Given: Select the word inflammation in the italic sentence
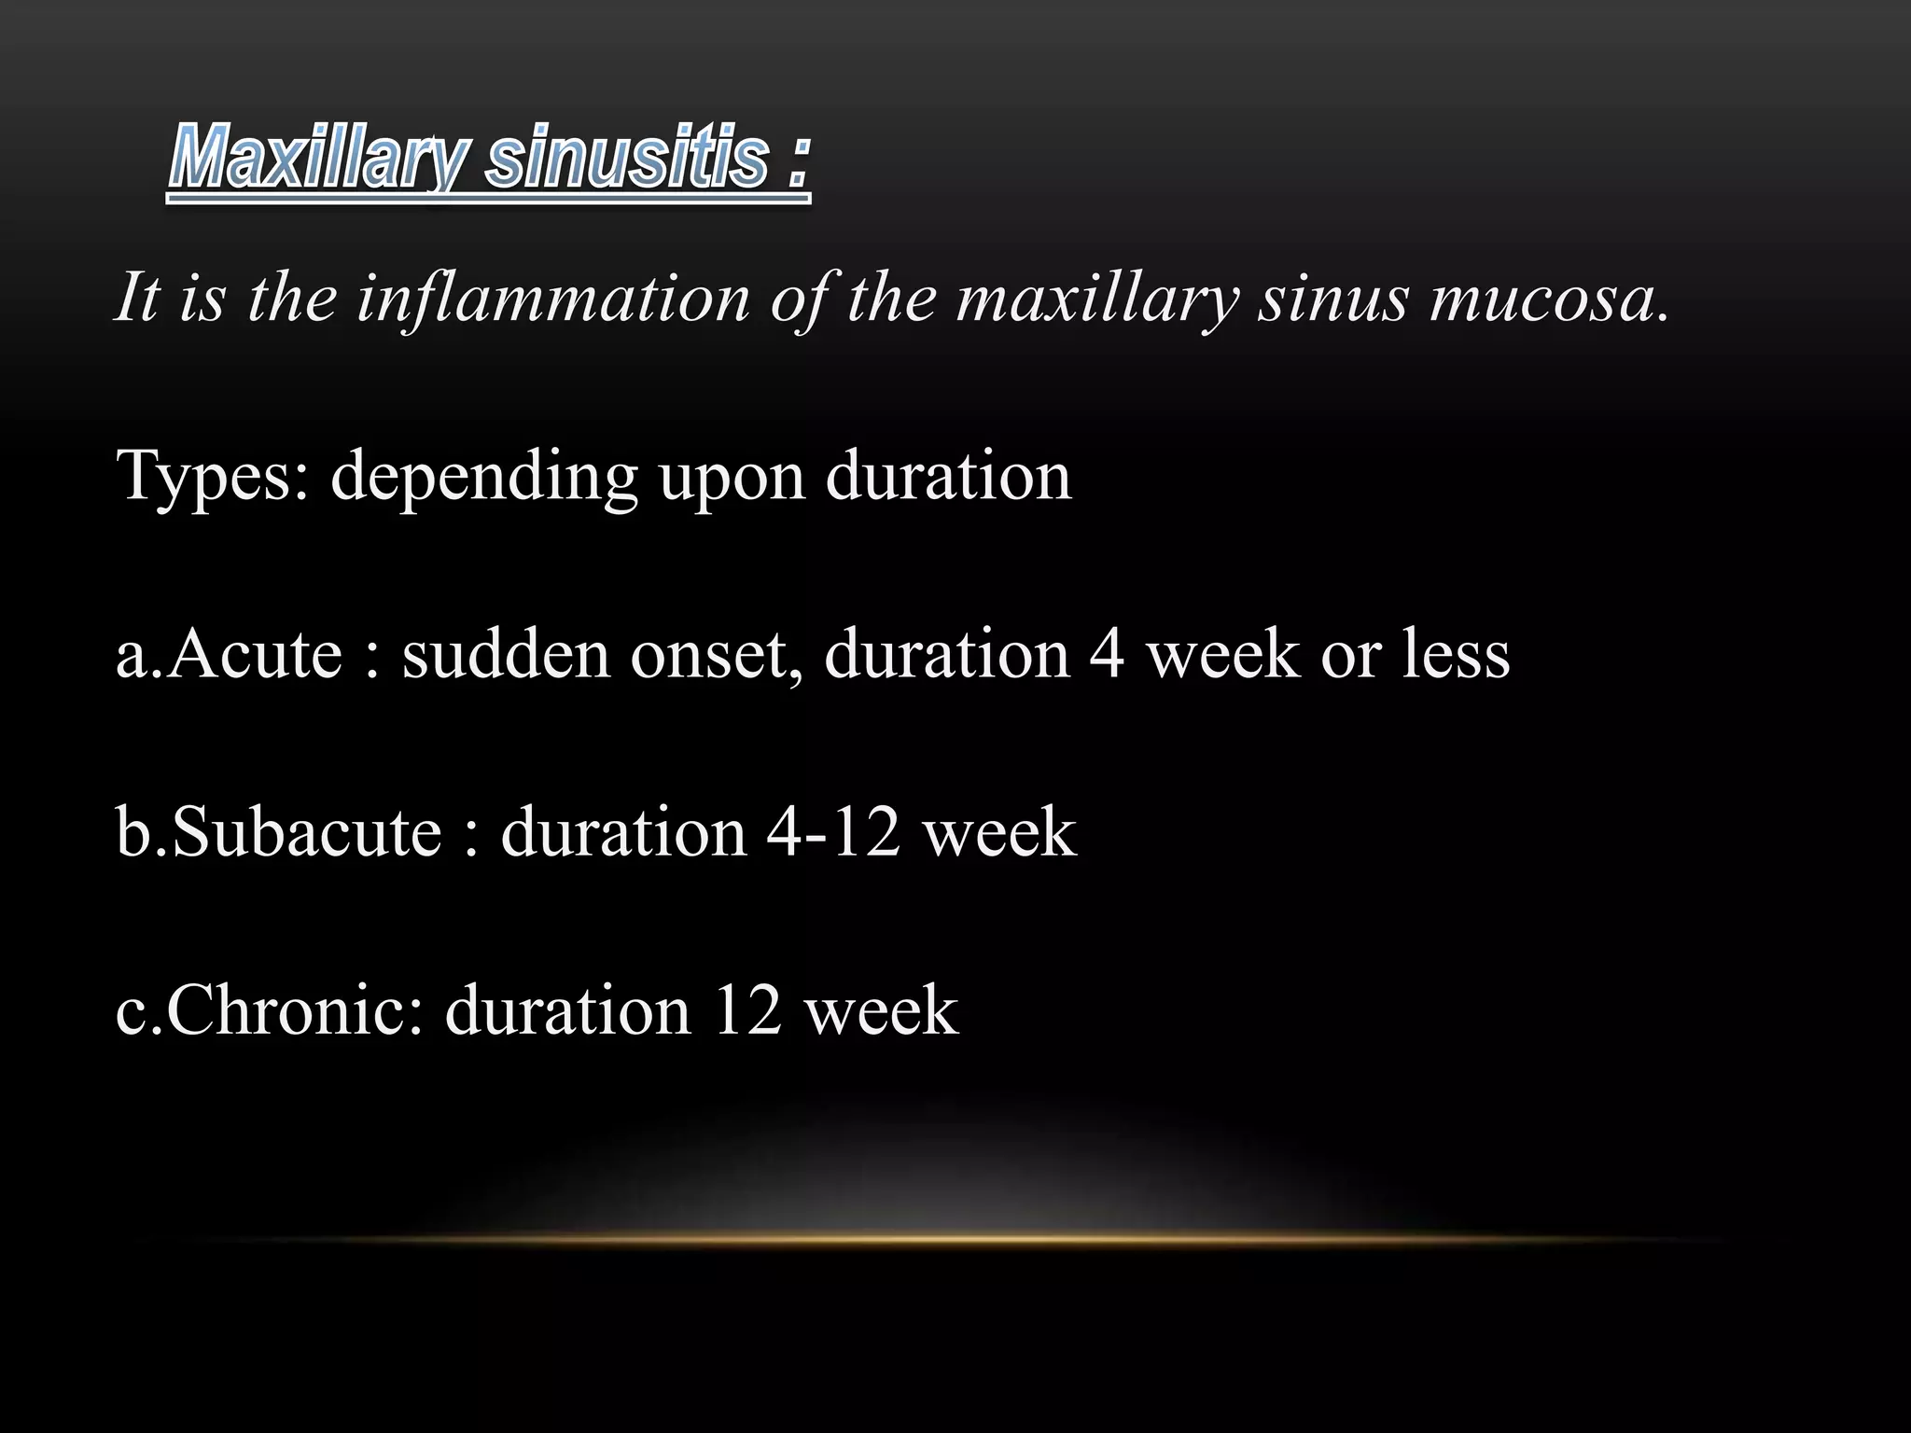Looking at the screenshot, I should pyautogui.click(x=553, y=299).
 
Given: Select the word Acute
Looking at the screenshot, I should pyautogui.click(x=256, y=654).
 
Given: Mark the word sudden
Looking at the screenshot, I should pyautogui.click(x=505, y=654).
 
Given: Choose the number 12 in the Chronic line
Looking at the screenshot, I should pyautogui.click(x=746, y=1010).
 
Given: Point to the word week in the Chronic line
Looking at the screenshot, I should pyautogui.click(x=882, y=1010).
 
